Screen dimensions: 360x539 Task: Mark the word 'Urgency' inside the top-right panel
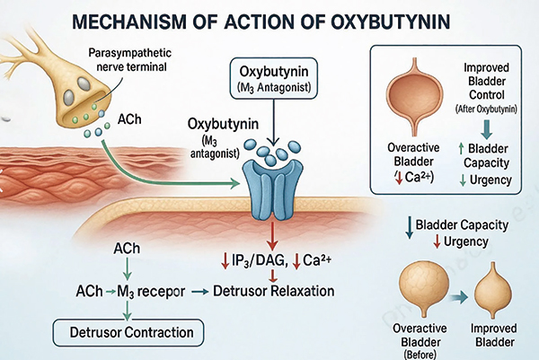click(x=489, y=181)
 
